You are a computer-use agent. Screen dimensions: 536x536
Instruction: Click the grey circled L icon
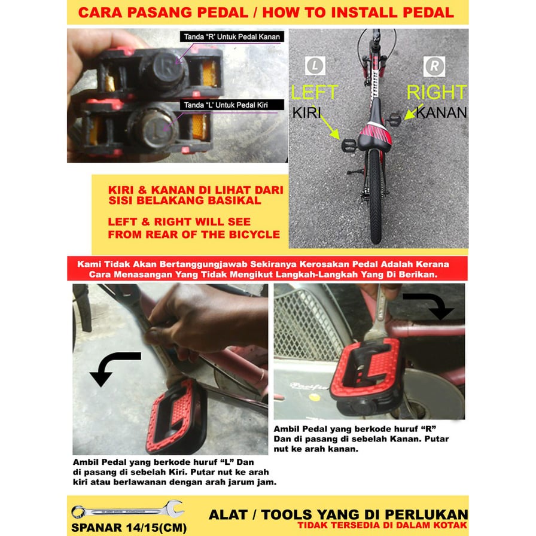click(x=315, y=66)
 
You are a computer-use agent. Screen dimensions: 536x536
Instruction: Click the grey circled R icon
click(x=434, y=66)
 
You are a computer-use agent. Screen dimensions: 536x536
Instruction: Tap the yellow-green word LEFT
click(x=315, y=92)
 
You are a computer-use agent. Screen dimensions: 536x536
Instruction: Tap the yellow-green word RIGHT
click(x=437, y=92)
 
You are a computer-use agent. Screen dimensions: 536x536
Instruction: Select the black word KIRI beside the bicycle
click(x=307, y=113)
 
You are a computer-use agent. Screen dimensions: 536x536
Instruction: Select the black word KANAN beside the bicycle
click(x=441, y=113)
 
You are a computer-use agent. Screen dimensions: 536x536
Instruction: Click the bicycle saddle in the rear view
click(x=375, y=126)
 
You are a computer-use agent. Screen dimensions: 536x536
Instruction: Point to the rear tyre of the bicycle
click(x=375, y=195)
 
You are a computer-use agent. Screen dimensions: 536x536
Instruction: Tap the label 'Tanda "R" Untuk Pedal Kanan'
click(x=232, y=36)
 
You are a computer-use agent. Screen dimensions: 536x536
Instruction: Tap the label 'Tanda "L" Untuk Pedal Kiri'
click(x=226, y=105)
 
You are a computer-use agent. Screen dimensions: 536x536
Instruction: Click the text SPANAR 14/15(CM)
click(x=129, y=528)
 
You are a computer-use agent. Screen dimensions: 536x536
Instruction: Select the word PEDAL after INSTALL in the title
click(x=428, y=13)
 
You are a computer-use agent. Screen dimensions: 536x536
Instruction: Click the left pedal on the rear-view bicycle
click(x=349, y=145)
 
